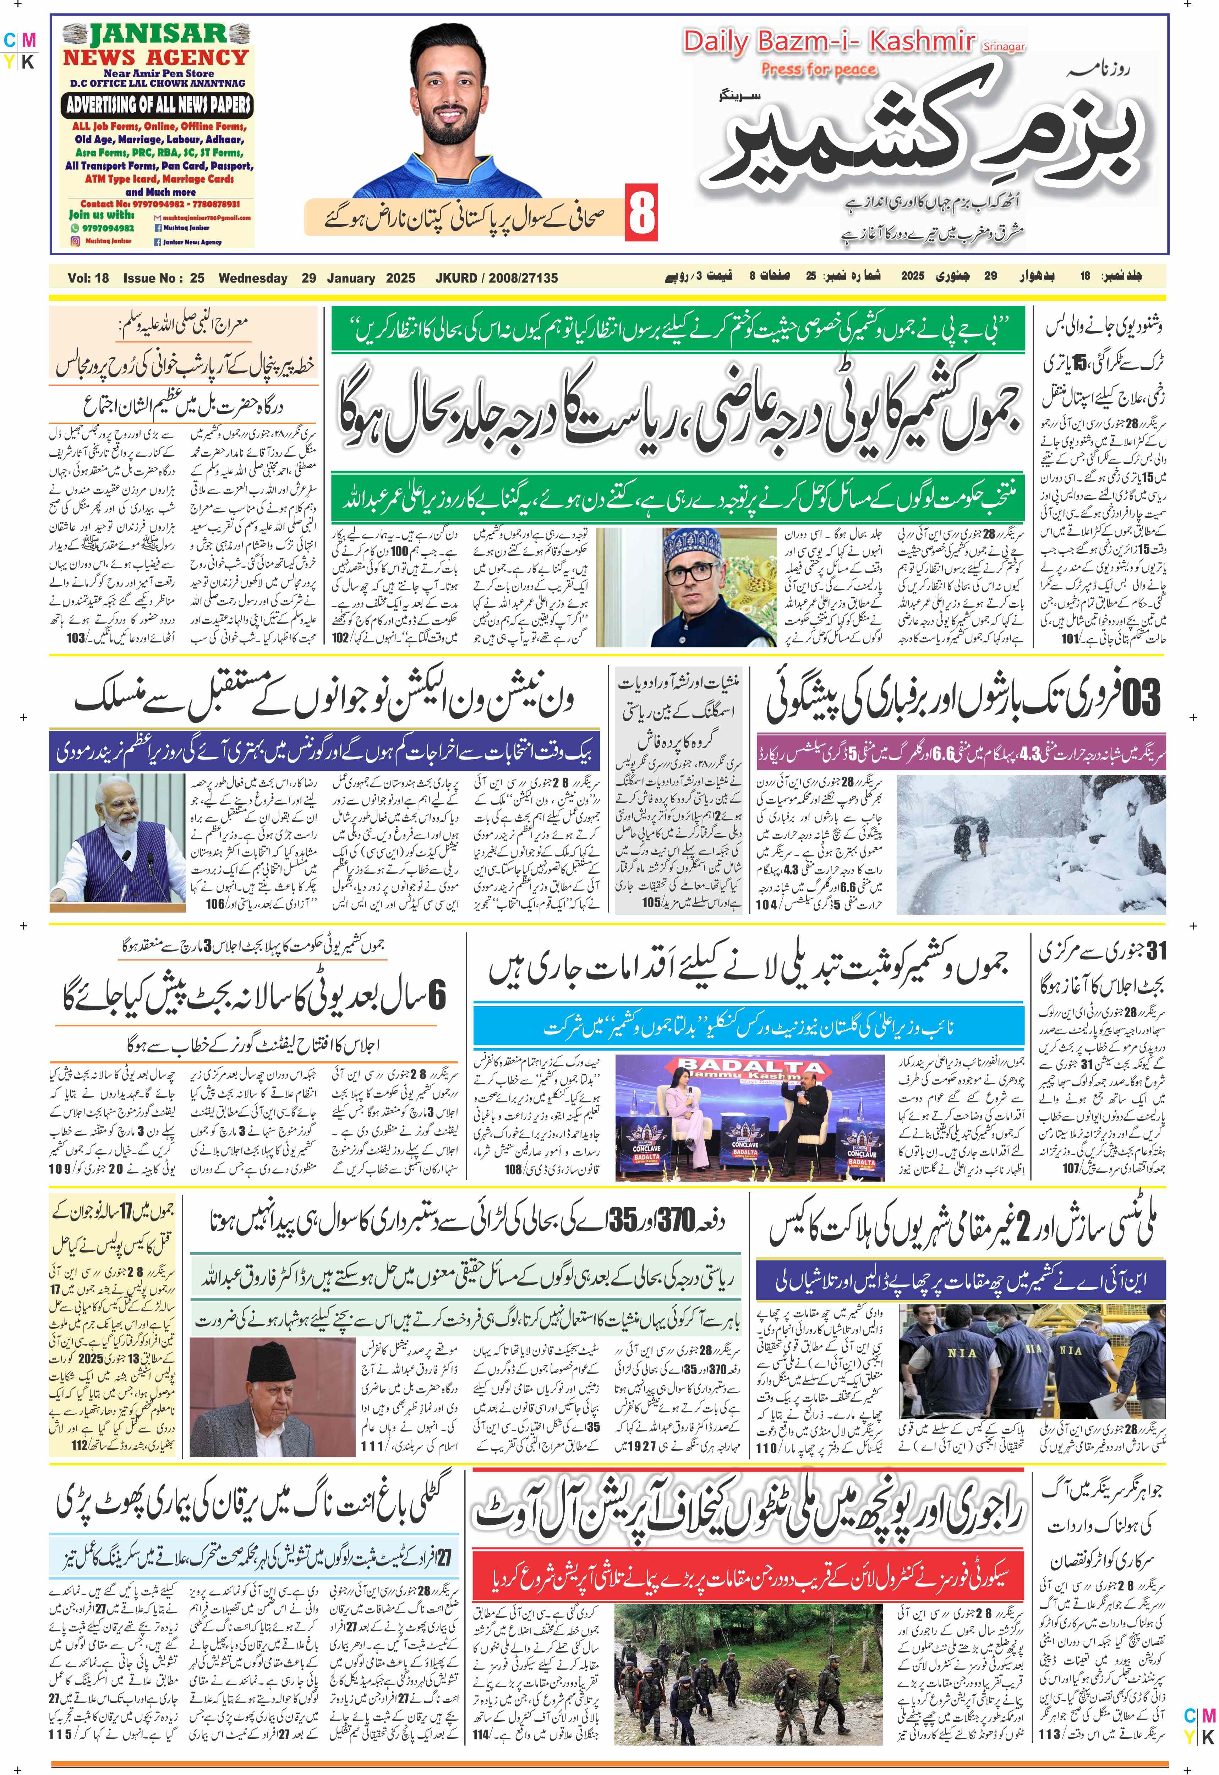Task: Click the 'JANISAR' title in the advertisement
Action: [x=158, y=34]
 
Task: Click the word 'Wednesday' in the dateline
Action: [x=253, y=278]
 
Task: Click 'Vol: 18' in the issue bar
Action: [x=89, y=278]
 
